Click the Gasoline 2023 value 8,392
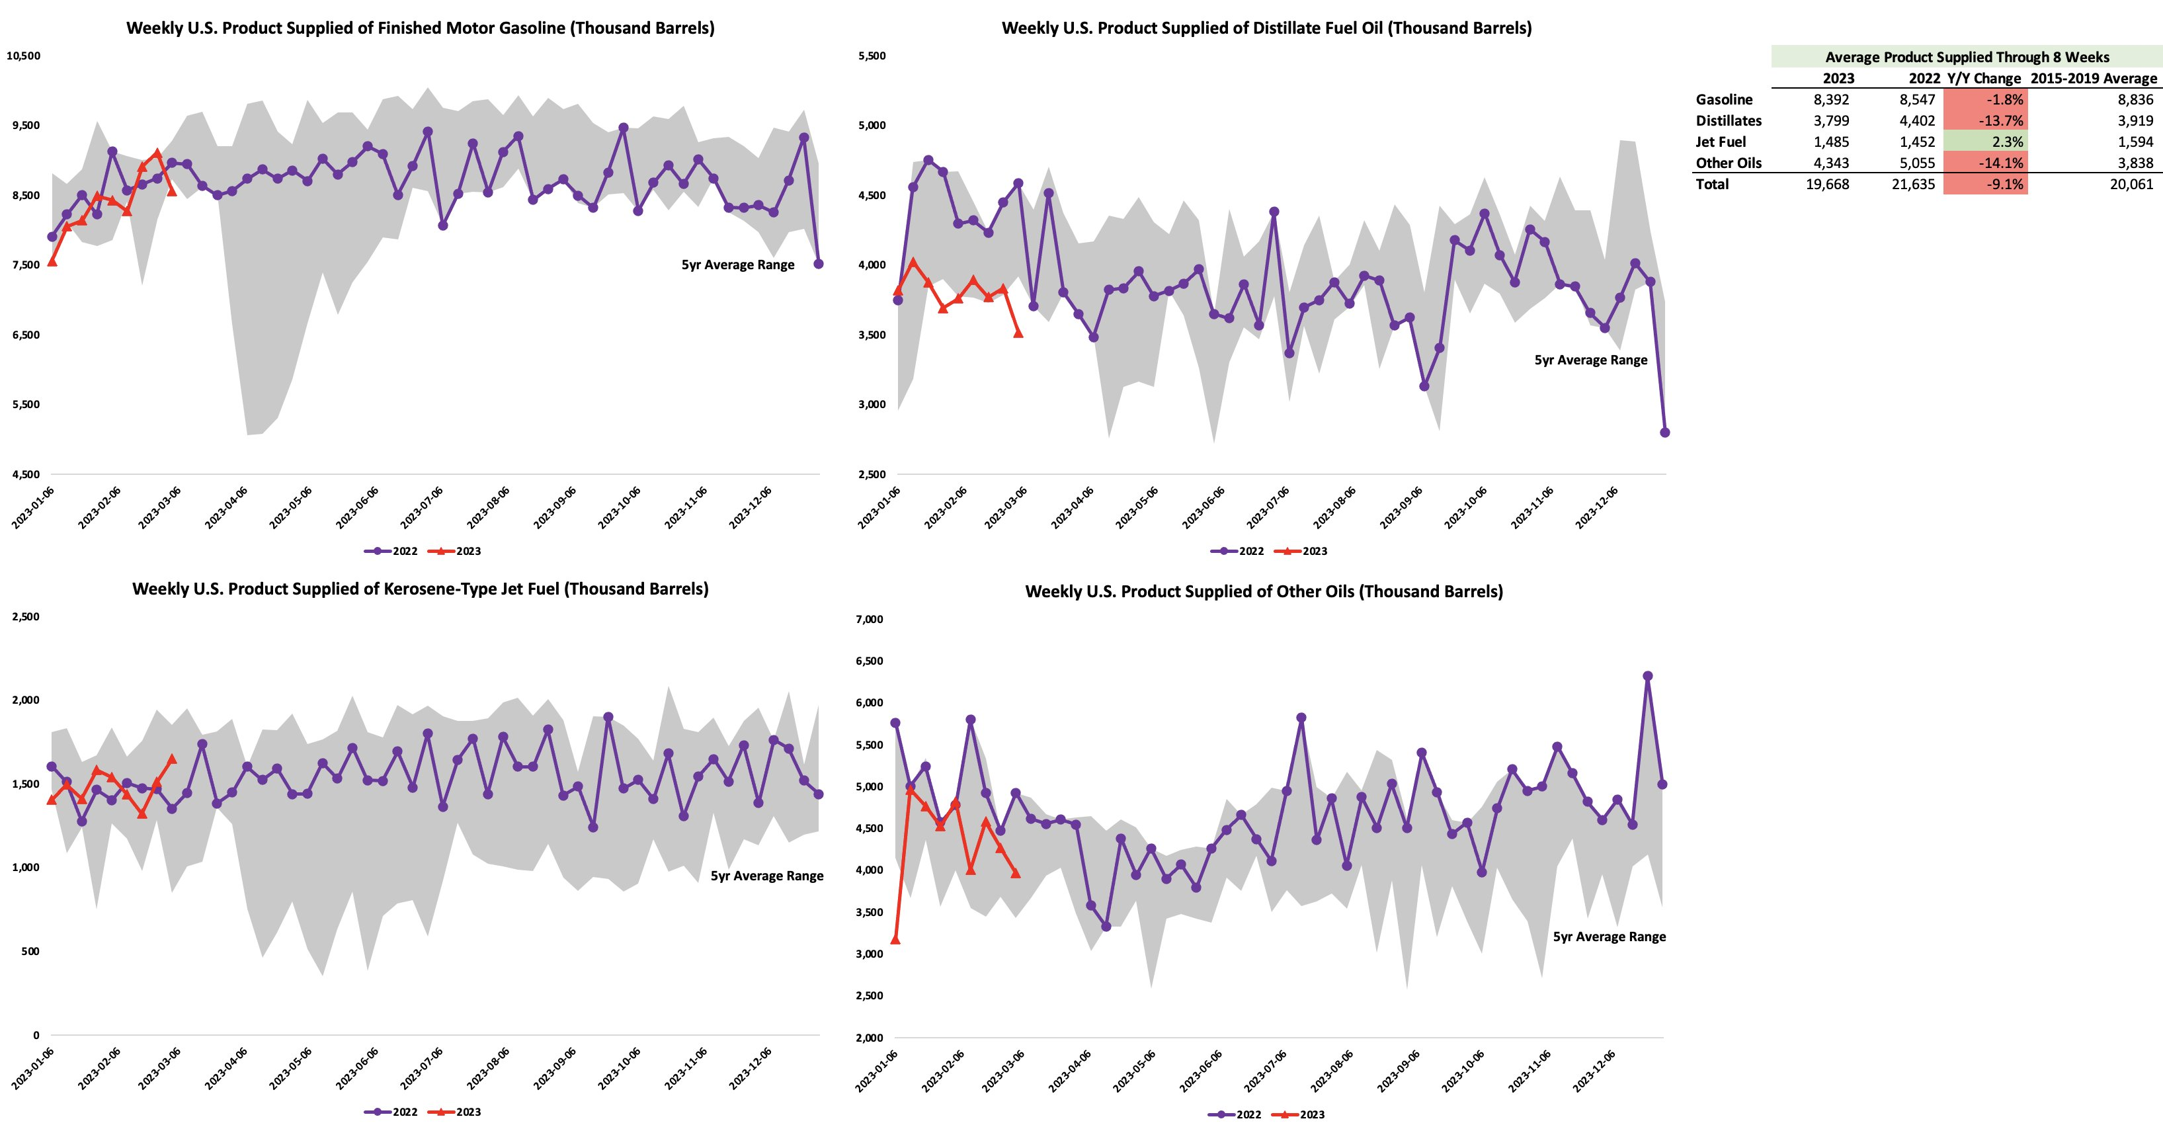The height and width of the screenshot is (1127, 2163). [x=1830, y=99]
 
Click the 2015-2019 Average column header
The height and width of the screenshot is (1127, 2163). [x=2094, y=78]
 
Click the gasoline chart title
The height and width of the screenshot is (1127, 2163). [x=420, y=28]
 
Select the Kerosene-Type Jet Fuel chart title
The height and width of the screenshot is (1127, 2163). [x=420, y=589]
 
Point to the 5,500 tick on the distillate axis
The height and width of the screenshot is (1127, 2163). [x=872, y=56]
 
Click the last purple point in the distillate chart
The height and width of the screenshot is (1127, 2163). [x=1665, y=433]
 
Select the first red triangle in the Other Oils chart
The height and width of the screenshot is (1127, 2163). [x=895, y=939]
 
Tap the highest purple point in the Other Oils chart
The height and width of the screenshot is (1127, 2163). [x=1647, y=676]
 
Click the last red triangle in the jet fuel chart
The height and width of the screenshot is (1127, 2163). [x=172, y=759]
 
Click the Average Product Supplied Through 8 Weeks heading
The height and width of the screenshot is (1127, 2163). [x=1967, y=57]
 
